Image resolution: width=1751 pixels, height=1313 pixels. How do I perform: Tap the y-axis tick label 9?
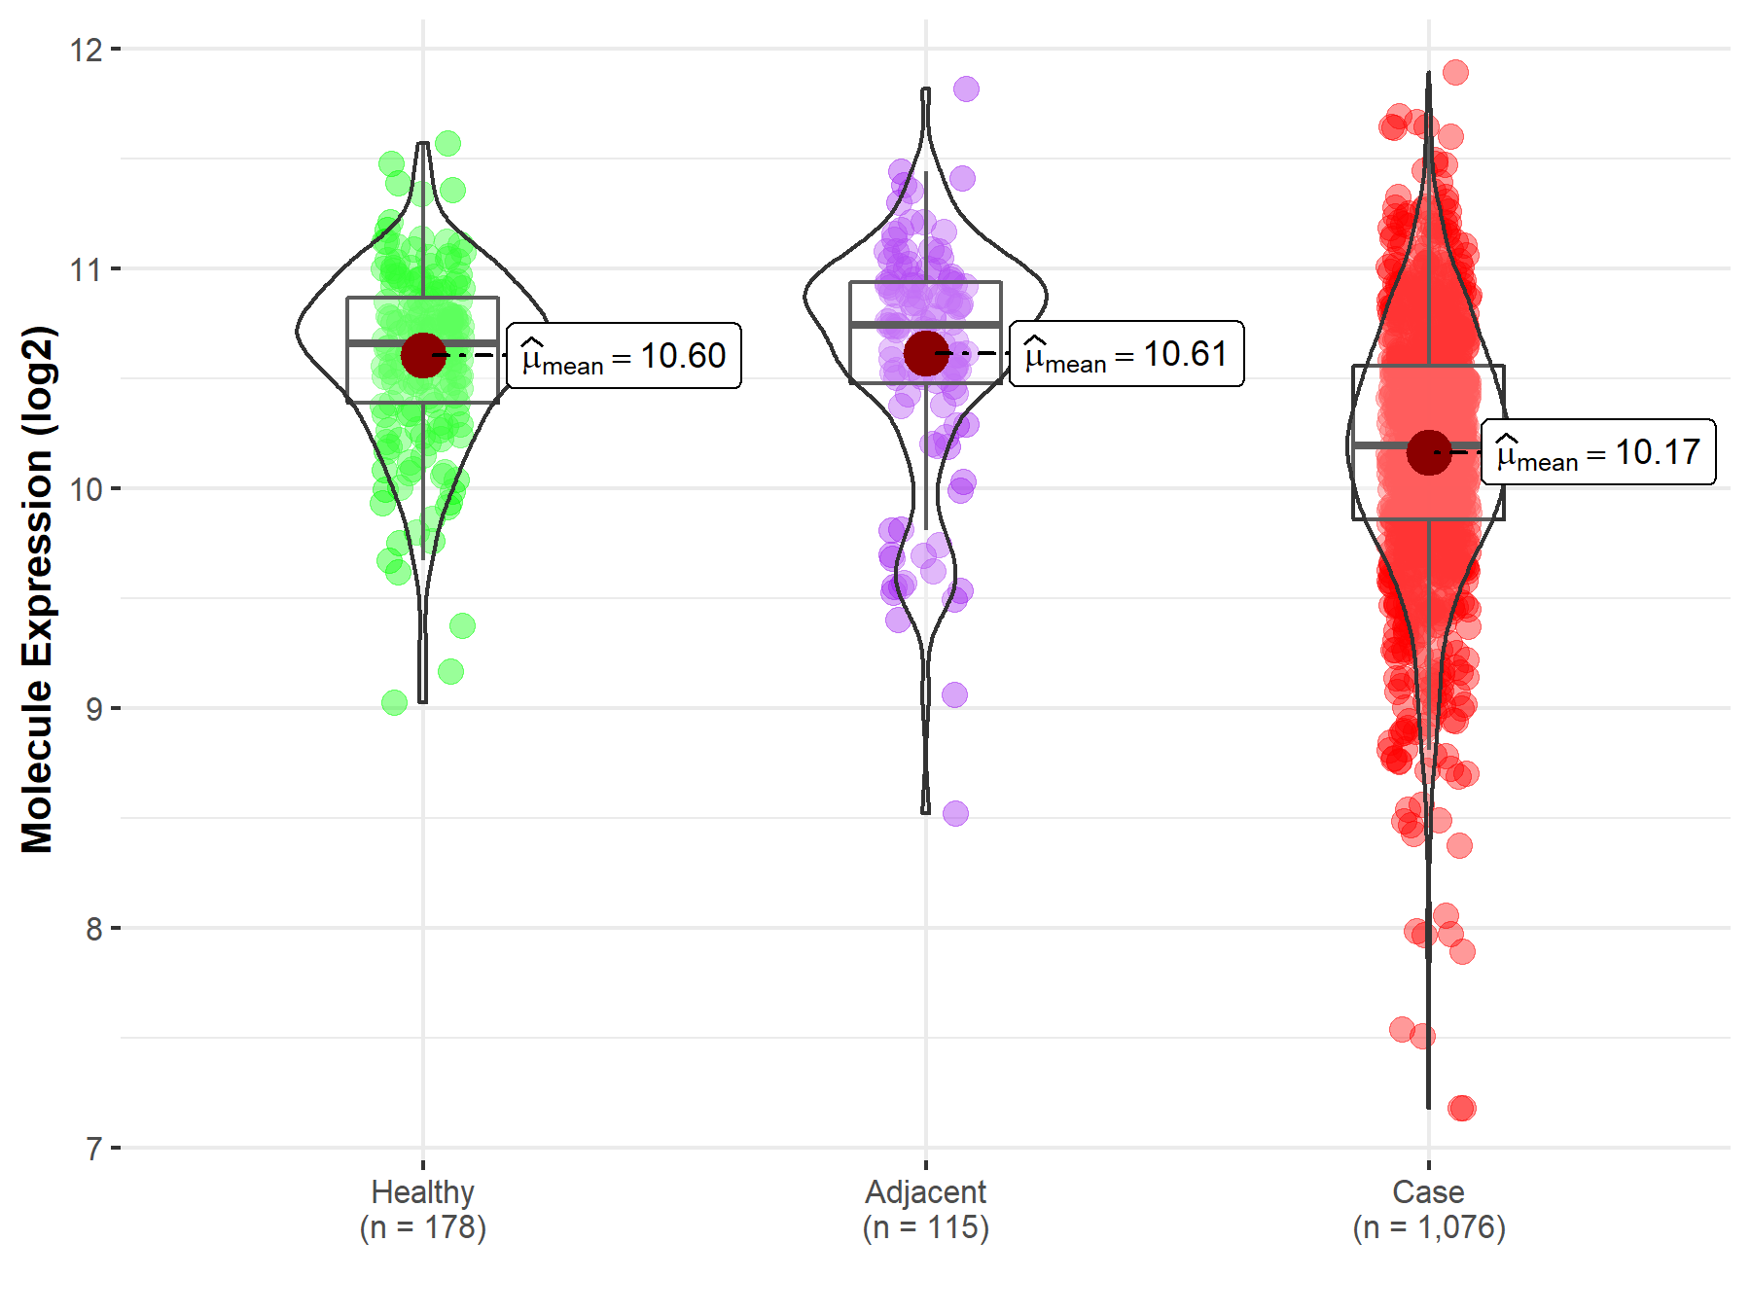coord(93,708)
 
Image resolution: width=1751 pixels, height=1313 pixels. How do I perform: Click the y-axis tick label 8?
coord(93,928)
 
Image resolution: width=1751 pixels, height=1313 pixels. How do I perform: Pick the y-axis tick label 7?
coord(93,1149)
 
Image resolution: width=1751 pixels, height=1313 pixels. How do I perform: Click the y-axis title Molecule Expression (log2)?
coord(37,589)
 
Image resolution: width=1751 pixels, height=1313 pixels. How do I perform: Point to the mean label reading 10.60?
coord(624,356)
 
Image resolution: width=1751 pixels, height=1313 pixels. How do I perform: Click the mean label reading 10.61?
coord(1126,354)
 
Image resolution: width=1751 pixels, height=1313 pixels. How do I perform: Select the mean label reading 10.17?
coord(1598,452)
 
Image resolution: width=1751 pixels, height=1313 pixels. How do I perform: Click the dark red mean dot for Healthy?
coord(423,355)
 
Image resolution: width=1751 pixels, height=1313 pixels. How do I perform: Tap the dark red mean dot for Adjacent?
coord(925,353)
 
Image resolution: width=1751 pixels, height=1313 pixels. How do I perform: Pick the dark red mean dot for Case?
coord(1428,452)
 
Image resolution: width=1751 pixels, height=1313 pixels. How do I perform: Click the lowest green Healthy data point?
coord(394,702)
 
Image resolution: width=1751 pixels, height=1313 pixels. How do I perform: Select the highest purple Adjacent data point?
coord(966,89)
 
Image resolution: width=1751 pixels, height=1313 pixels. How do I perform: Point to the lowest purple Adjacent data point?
coord(955,813)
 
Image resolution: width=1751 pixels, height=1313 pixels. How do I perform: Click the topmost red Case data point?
coord(1455,72)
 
